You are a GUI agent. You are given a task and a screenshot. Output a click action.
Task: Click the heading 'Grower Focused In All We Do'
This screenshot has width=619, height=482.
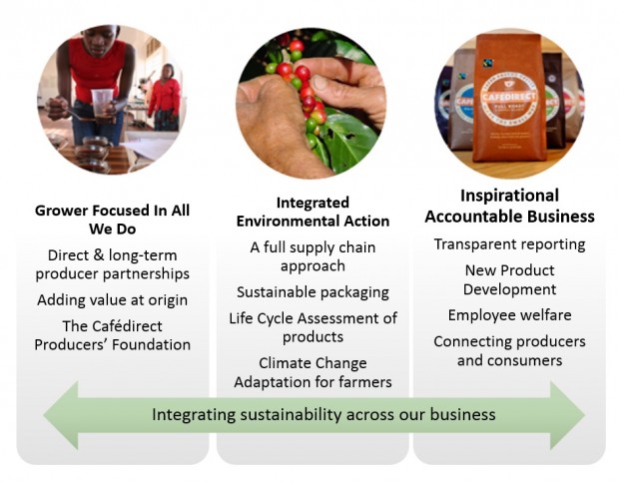(113, 220)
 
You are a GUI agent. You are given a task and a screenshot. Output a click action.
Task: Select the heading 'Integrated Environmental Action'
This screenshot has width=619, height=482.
(312, 212)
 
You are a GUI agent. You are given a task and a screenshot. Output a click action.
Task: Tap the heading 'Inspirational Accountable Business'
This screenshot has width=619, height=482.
(509, 206)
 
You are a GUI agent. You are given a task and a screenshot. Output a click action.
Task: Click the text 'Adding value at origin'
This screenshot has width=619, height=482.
(113, 300)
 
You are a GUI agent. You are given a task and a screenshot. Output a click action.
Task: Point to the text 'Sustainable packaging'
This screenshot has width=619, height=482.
(312, 292)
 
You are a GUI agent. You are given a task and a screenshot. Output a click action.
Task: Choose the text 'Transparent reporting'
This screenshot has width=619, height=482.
(509, 244)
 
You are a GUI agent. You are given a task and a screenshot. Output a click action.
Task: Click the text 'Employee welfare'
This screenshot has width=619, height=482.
(509, 315)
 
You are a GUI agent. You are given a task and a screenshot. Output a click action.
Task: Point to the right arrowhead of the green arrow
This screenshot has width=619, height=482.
(567, 415)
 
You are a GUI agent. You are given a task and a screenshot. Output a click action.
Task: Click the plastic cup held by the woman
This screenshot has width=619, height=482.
(102, 103)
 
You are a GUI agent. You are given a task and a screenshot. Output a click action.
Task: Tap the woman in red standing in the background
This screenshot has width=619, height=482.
(165, 98)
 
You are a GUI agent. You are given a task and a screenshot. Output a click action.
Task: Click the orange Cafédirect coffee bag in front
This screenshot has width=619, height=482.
(509, 98)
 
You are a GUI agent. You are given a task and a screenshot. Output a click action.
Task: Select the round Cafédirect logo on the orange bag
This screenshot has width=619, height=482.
(509, 96)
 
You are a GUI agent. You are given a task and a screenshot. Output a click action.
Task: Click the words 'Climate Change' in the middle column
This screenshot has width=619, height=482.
(312, 363)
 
